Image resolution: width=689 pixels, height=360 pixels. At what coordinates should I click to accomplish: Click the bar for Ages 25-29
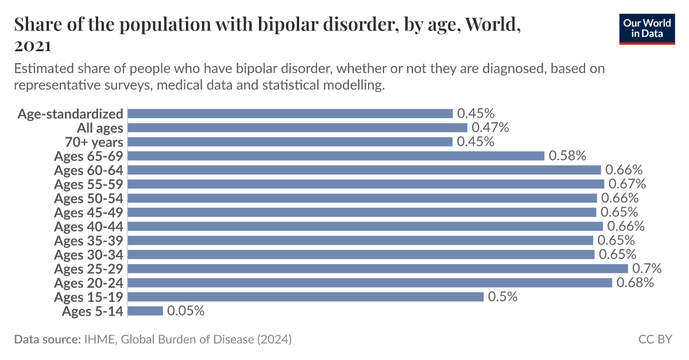click(378, 269)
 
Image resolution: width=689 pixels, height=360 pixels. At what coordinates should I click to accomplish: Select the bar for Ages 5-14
click(146, 311)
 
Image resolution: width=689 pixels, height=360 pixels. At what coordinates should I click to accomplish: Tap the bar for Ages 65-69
click(336, 156)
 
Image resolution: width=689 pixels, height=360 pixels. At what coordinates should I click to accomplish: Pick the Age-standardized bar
click(291, 113)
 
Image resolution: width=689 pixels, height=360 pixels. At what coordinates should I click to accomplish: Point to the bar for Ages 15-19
click(305, 297)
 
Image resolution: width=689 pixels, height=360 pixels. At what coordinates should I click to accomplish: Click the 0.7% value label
click(647, 269)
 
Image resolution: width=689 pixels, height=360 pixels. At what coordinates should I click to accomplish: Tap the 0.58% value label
click(567, 156)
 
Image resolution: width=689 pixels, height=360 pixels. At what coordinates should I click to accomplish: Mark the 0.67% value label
click(628, 184)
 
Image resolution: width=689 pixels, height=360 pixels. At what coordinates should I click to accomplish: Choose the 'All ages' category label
click(100, 127)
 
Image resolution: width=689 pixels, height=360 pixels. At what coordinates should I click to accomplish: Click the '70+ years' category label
click(95, 142)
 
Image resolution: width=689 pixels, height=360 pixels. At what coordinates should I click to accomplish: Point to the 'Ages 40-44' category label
click(88, 226)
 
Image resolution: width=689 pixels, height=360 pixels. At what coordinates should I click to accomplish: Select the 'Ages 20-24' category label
click(88, 282)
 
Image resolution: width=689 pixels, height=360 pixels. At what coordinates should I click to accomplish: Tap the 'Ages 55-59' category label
click(88, 184)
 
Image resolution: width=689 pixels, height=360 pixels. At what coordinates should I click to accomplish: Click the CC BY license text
click(655, 339)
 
